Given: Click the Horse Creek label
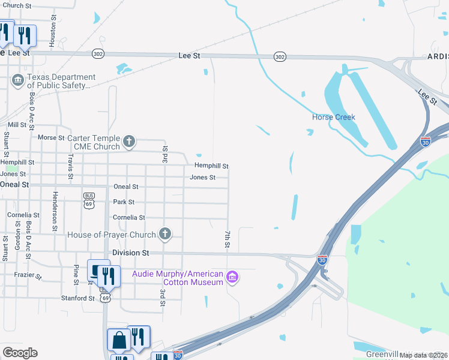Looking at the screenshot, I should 334,117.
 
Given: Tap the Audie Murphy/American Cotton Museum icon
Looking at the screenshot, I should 233,277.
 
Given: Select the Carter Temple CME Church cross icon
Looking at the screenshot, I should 128,142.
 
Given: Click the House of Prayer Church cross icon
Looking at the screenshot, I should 165,234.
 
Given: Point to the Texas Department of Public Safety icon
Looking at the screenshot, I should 17,80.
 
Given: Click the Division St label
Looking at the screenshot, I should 130,253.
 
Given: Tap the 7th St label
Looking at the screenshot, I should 228,239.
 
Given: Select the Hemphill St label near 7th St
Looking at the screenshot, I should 211,166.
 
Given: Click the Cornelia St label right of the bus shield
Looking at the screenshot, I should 129,217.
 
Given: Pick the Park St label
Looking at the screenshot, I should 124,202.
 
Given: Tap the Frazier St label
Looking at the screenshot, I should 28,275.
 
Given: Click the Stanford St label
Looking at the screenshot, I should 77,298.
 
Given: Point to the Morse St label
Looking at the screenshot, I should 50,137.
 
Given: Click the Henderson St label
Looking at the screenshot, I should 54,211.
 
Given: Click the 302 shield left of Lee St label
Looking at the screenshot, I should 98,54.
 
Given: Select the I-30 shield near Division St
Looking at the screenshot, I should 322,260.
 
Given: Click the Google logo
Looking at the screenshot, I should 20,353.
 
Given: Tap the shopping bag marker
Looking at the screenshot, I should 119,340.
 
